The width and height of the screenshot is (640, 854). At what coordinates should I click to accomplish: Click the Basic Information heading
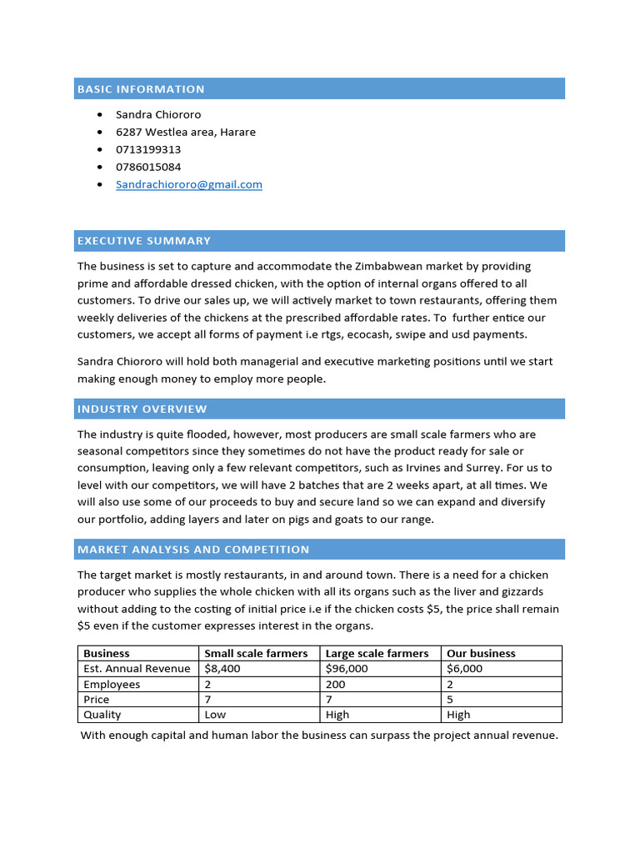tap(141, 89)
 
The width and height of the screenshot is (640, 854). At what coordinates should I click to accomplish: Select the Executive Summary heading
tap(144, 241)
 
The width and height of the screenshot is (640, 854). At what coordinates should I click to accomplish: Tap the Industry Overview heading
tap(142, 409)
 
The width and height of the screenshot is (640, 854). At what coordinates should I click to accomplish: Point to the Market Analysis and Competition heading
tap(193, 550)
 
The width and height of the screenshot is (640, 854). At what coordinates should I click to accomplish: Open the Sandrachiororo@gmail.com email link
tap(189, 184)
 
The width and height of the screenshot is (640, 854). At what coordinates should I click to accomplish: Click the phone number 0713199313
tap(148, 149)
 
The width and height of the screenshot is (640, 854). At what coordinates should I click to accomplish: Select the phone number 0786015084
tap(148, 167)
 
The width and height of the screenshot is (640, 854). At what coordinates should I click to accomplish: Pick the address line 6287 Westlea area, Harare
tap(186, 132)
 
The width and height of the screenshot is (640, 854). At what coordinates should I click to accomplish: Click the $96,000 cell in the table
tap(347, 669)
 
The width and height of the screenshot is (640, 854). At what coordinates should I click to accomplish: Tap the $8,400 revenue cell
tap(222, 669)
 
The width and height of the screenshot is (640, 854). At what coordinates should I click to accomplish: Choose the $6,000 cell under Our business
tap(465, 669)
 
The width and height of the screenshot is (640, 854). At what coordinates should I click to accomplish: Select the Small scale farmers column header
tap(256, 654)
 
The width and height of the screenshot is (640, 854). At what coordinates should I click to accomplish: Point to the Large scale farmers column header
tap(377, 654)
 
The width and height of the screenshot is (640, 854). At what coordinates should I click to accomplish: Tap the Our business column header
tap(481, 654)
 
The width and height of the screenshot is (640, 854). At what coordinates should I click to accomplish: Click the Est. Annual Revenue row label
tap(137, 669)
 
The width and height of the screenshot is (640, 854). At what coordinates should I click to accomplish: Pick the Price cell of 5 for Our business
tap(451, 700)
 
